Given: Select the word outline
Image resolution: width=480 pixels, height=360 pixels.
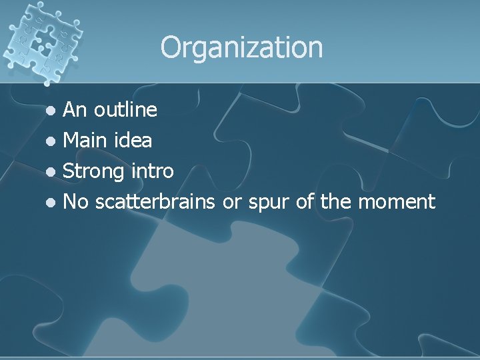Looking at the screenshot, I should pos(125,109).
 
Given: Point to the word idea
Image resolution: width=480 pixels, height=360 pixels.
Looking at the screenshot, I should pos(133,141).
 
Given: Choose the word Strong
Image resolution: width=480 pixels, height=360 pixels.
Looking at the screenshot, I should pos(93,171).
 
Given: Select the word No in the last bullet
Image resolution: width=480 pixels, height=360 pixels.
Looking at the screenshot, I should pos(75,201).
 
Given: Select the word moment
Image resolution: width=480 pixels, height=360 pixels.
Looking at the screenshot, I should pos(397,202).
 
